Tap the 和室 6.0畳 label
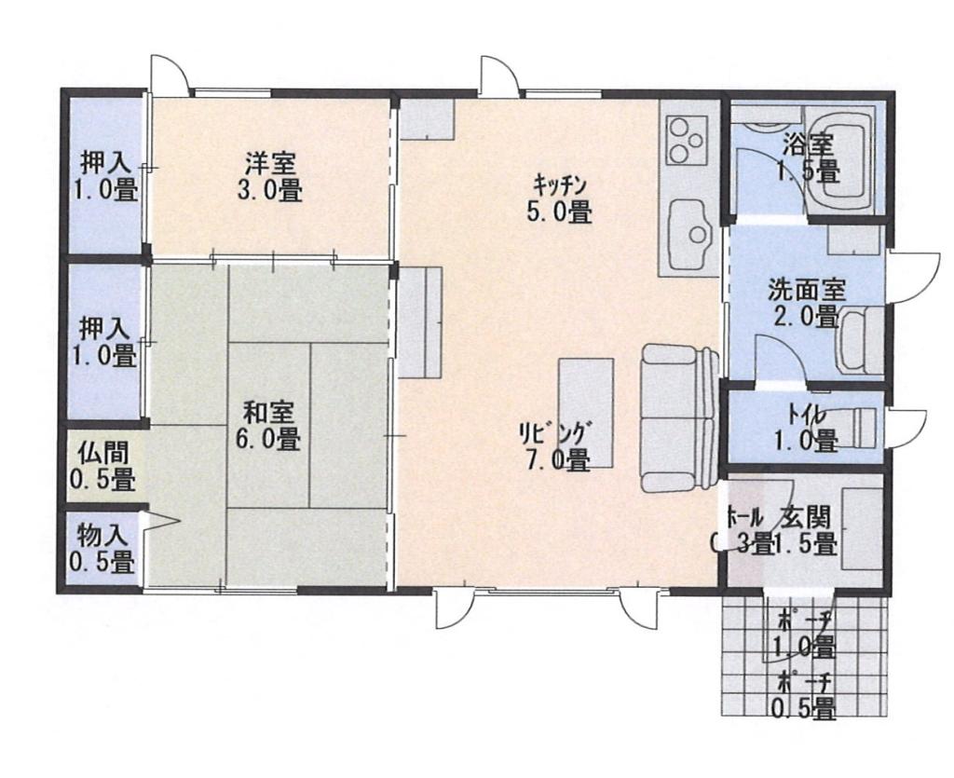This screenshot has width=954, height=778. click(271, 424)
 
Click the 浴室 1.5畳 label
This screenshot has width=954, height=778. click(807, 157)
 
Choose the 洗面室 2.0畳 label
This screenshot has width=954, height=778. click(807, 302)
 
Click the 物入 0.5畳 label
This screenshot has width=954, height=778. click(102, 549)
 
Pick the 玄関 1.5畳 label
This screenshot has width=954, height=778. click(808, 530)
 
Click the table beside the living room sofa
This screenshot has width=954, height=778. click(586, 412)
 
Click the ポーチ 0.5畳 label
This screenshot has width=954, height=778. click(805, 696)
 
